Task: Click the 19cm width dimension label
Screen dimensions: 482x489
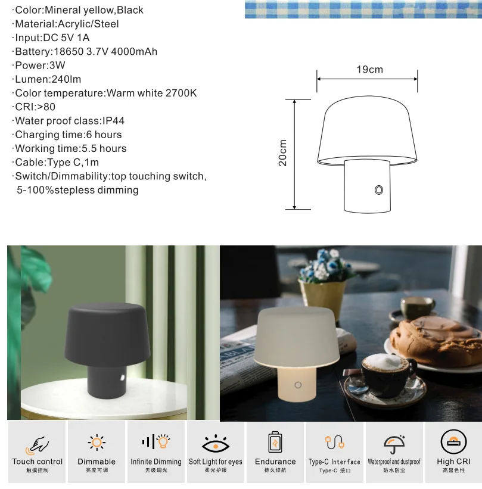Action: [x=369, y=70]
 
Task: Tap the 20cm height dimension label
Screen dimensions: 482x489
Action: [x=282, y=153]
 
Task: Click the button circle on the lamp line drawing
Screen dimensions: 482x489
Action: [x=379, y=190]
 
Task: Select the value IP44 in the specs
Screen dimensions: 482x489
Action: [x=114, y=121]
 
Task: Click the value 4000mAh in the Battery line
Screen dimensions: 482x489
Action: [x=134, y=51]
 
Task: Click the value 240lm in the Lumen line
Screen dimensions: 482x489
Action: [x=66, y=79]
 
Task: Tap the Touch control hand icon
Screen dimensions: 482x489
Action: [x=37, y=445]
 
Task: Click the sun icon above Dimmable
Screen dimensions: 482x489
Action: [x=97, y=442]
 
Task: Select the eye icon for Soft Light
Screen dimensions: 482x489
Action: [x=216, y=443]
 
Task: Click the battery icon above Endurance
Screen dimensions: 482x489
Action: [x=275, y=442]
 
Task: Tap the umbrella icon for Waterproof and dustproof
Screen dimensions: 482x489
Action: [x=394, y=444]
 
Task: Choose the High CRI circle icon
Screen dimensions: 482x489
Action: [x=453, y=442]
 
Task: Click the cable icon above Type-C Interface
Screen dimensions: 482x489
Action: [x=335, y=442]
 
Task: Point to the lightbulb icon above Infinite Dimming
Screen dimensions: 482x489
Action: [x=163, y=441]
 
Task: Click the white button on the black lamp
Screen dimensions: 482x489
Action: [x=123, y=378]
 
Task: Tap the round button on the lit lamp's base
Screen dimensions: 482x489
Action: [x=298, y=385]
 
